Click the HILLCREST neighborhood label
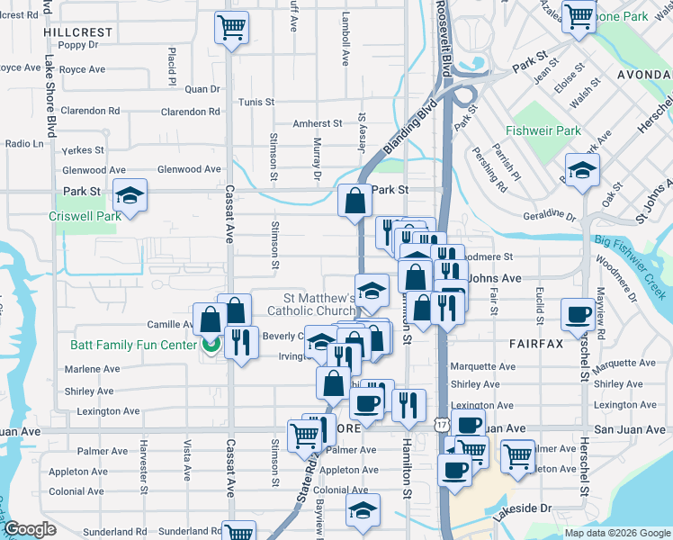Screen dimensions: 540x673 coord(77,31)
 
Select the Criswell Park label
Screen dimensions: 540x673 coord(85,217)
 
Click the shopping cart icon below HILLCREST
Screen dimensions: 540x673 coord(232,28)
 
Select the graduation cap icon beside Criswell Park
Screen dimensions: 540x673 coord(130,197)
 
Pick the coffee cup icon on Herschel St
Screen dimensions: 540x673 coord(577,314)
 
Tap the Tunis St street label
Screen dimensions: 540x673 coord(256,103)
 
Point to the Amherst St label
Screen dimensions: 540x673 coord(318,124)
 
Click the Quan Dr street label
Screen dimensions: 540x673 coord(202,89)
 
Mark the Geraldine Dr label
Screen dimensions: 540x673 coord(548,216)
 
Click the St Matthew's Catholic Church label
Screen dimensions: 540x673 coord(307,304)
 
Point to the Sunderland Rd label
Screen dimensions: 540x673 coord(118,532)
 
